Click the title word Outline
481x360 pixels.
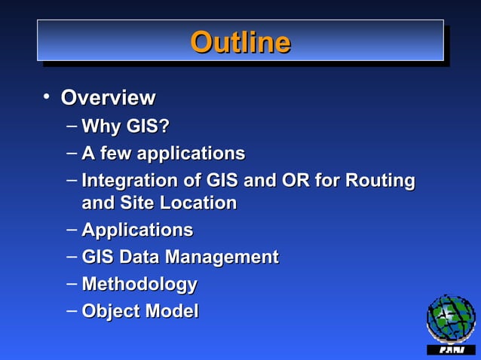click(240, 41)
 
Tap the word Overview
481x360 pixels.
click(108, 98)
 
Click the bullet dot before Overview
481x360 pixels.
click(46, 96)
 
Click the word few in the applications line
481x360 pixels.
click(115, 154)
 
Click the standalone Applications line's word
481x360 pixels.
click(136, 230)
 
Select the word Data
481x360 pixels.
click(139, 257)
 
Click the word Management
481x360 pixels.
click(222, 257)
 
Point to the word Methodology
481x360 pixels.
click(139, 285)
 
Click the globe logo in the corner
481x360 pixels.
click(450, 319)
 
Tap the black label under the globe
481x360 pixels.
click(451, 350)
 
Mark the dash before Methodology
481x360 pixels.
click(71, 283)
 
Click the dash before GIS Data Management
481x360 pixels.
click(71, 256)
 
